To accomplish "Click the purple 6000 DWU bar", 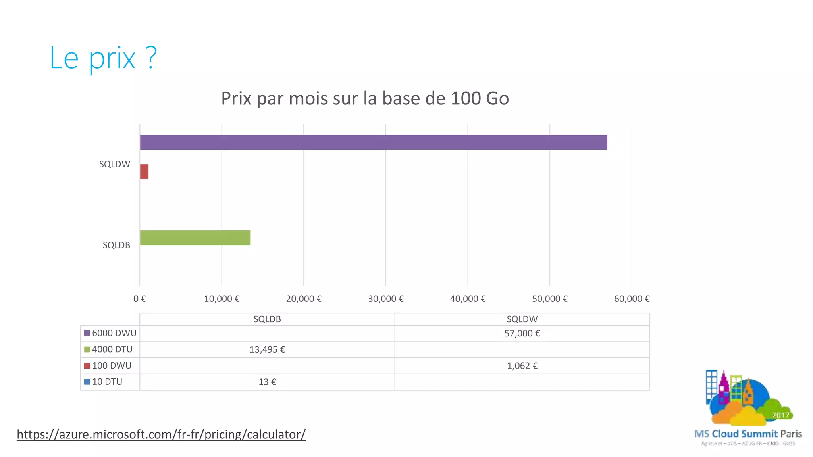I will pyautogui.click(x=373, y=142).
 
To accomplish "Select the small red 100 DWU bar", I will pyautogui.click(x=144, y=172).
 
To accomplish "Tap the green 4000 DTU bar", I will pyautogui.click(x=195, y=238).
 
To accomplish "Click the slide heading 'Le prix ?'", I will pyautogui.click(x=103, y=58).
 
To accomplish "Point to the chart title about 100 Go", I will pyautogui.click(x=365, y=98).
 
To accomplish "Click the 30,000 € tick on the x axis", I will pyautogui.click(x=385, y=299).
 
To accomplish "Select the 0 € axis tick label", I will pyautogui.click(x=140, y=299).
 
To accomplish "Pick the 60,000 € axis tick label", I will pyautogui.click(x=632, y=299).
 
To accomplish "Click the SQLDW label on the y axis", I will pyautogui.click(x=114, y=164).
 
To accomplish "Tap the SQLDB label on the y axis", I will pyautogui.click(x=116, y=245).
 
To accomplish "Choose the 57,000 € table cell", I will pyautogui.click(x=522, y=333).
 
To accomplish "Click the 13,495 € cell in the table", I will pyautogui.click(x=267, y=349).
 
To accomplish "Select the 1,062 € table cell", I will pyautogui.click(x=522, y=366).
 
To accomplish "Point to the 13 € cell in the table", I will pyautogui.click(x=267, y=382).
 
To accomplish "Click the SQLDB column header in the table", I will pyautogui.click(x=267, y=319).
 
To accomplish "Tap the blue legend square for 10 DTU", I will pyautogui.click(x=87, y=382).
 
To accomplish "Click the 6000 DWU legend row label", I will pyautogui.click(x=114, y=333).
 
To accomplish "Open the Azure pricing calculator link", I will pyautogui.click(x=161, y=434).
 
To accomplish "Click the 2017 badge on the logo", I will pyautogui.click(x=780, y=415).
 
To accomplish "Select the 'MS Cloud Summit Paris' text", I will pyautogui.click(x=748, y=434).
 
